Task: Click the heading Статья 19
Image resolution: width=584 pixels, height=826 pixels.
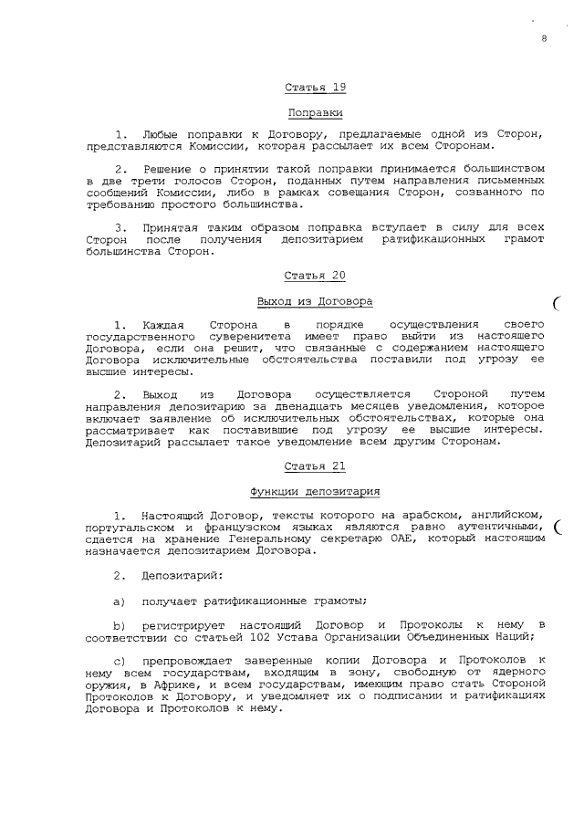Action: pos(316,88)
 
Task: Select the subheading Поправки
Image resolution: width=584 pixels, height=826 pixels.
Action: pos(316,112)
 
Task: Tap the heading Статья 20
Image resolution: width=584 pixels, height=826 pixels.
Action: pos(316,276)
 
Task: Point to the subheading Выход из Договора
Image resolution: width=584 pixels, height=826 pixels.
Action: pos(316,300)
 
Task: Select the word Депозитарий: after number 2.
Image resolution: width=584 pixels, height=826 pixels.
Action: pos(176,575)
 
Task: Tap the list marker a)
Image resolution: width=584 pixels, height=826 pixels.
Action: pos(118,600)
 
